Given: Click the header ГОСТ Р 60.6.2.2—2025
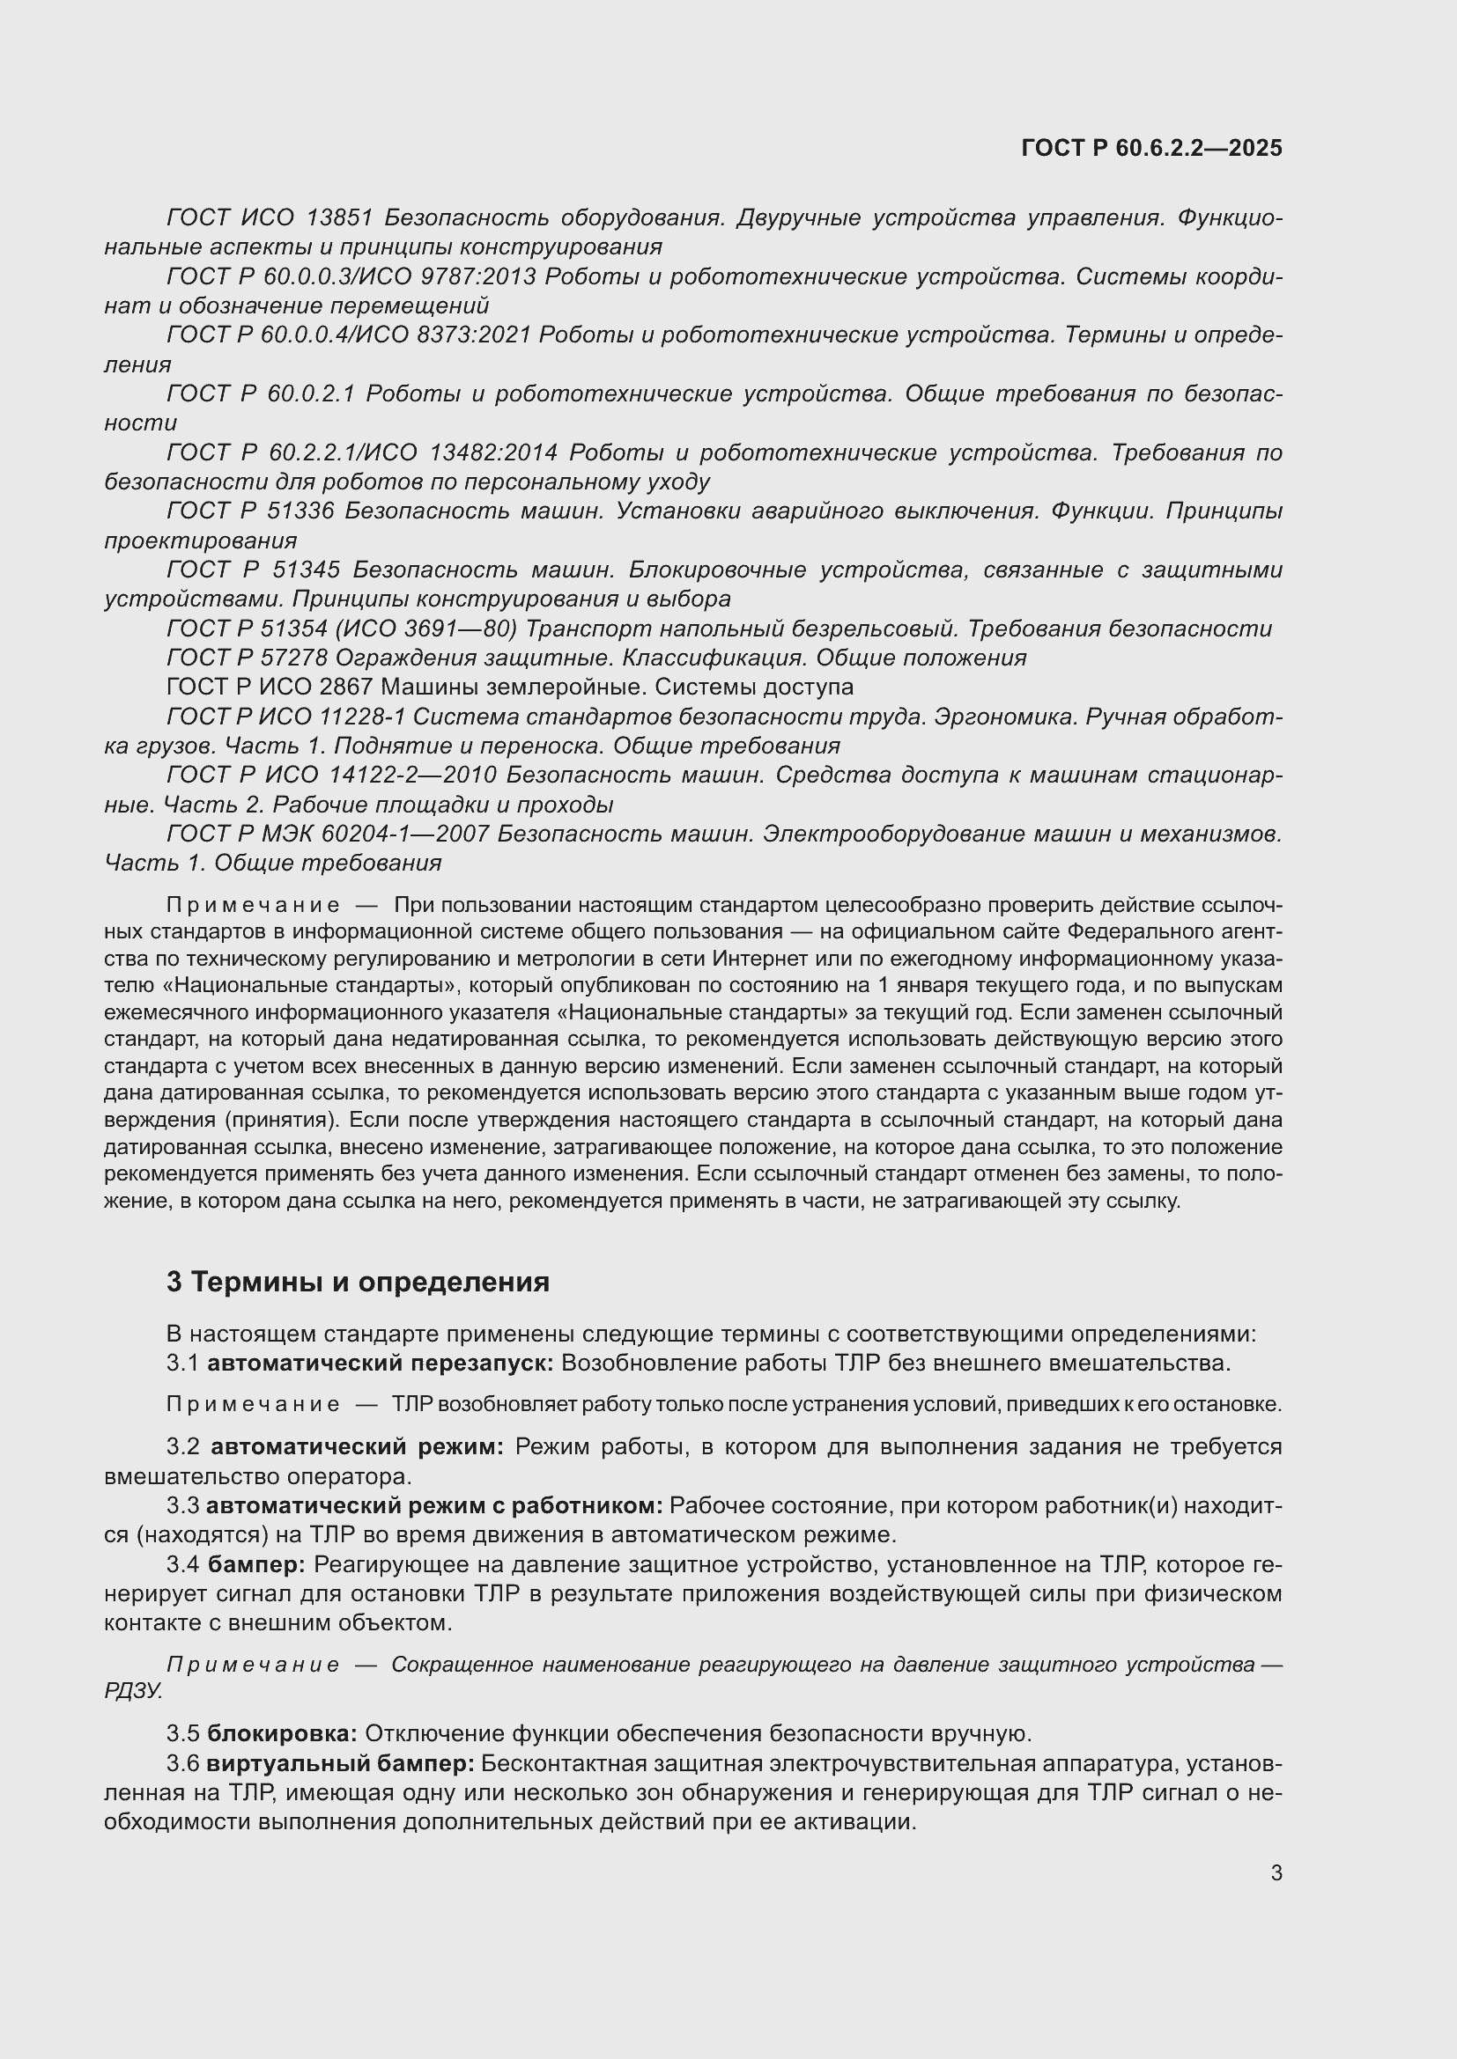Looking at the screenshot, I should [1151, 148].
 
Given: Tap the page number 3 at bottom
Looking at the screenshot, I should [1276, 1872].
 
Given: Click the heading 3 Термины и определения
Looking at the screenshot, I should [357, 1282].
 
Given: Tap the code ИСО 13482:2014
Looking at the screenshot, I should [456, 452].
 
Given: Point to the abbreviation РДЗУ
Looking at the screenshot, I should [133, 1691].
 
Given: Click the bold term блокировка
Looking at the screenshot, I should [282, 1732].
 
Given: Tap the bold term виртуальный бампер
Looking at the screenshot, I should [340, 1763].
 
